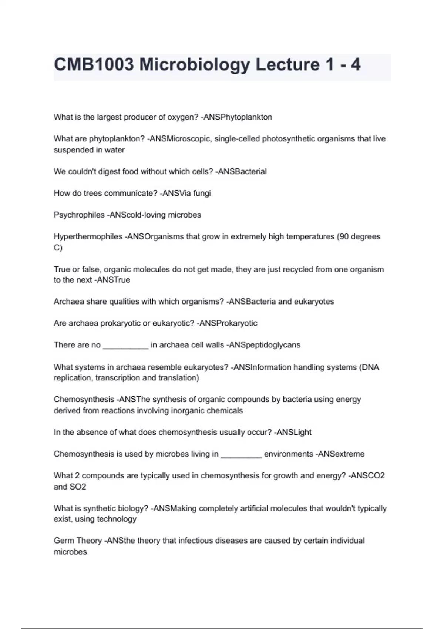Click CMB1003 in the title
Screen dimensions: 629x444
pos(94,65)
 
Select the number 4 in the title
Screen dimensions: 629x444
pos(356,65)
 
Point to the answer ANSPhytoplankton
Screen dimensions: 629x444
pos(238,117)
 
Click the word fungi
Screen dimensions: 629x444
pos(202,193)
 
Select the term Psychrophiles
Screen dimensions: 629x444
pos(79,215)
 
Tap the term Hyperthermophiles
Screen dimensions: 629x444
pos(88,236)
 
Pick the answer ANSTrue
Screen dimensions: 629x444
pos(113,280)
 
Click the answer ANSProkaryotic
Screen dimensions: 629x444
pos(228,323)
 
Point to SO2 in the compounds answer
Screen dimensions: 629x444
pos(78,487)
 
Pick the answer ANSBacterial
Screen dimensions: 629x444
pos(242,172)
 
